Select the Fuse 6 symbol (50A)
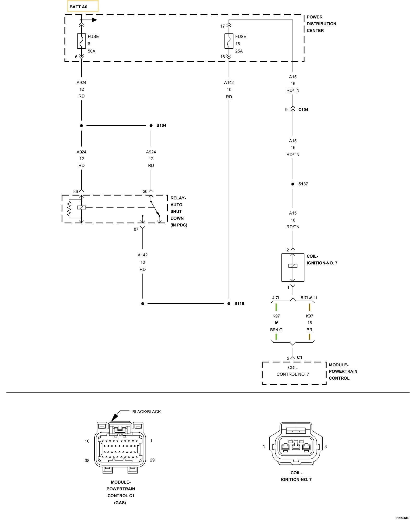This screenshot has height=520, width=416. point(81,41)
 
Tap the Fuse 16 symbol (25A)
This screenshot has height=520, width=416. point(229,41)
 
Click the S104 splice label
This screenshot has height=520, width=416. point(161,126)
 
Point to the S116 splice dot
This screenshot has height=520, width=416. point(229,303)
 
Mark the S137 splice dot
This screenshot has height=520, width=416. point(293,184)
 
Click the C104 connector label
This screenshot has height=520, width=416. point(303,110)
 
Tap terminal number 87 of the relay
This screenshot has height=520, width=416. point(136,229)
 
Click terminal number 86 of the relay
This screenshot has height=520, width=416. point(75,192)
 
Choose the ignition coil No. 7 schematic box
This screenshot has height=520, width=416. point(293,267)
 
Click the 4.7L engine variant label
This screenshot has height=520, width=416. point(276,298)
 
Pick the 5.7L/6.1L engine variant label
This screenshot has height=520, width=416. point(309,298)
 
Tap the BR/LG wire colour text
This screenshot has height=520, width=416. point(276,330)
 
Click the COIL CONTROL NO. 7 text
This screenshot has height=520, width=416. point(293,371)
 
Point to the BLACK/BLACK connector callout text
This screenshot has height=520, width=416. point(146,412)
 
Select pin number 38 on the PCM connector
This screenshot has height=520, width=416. point(87,460)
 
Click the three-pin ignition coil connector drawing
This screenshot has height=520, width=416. point(296,447)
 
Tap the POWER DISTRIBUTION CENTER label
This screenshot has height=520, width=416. point(321,24)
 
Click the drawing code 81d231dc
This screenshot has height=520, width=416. point(402,518)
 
